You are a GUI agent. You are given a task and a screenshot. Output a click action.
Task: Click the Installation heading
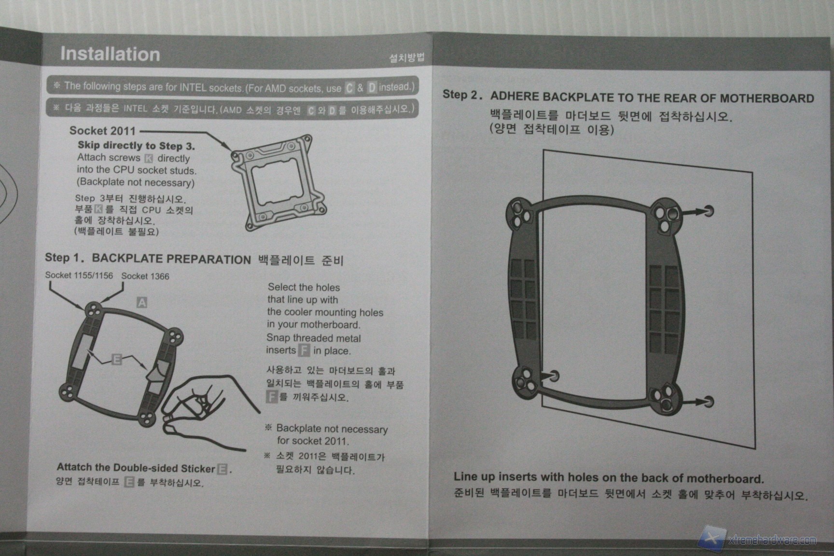click(110, 54)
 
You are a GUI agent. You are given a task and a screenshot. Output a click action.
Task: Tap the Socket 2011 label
click(102, 131)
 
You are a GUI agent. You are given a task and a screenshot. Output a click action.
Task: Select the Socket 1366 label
click(145, 276)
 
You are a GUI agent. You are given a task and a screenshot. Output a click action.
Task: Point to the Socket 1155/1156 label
click(79, 276)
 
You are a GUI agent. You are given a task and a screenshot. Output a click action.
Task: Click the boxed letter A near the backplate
click(141, 303)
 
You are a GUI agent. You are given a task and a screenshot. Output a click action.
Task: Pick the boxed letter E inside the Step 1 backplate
click(116, 359)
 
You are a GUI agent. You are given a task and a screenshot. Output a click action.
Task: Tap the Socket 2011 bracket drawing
click(278, 182)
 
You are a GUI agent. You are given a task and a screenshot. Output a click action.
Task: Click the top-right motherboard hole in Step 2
click(709, 210)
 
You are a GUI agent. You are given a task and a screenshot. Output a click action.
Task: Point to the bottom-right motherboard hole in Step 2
click(708, 401)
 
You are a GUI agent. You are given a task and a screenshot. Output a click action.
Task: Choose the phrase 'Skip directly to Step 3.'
click(137, 145)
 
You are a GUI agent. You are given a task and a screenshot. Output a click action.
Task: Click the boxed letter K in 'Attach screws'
click(149, 158)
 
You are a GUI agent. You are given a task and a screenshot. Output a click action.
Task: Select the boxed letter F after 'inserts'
click(304, 350)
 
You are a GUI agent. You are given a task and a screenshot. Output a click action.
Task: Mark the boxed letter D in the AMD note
click(372, 88)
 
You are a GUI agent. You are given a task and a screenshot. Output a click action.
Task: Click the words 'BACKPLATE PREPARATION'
click(171, 259)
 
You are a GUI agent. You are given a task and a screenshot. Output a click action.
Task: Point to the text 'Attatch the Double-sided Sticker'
click(136, 468)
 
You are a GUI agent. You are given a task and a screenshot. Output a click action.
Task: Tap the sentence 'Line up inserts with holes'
click(609, 478)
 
